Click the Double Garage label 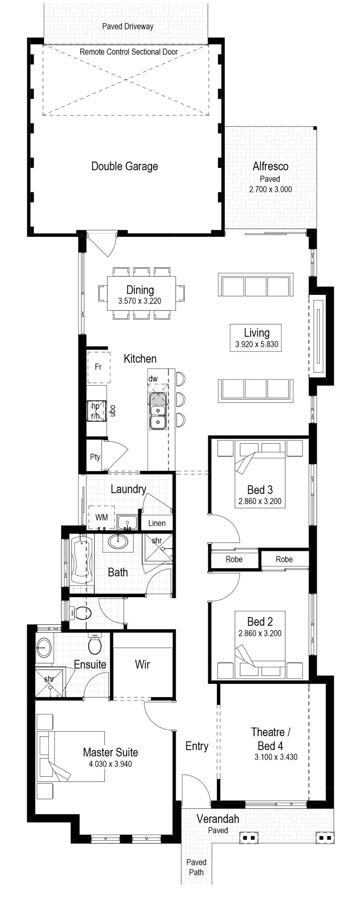(x=125, y=166)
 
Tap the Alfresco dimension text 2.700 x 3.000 (x=270, y=189)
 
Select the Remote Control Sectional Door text (x=129, y=52)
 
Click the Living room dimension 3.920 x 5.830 (x=257, y=344)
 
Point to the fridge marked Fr (x=99, y=367)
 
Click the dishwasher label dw (x=153, y=379)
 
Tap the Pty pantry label (x=95, y=457)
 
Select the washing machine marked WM (x=101, y=517)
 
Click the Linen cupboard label (x=157, y=523)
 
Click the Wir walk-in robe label (x=142, y=664)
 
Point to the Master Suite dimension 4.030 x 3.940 (x=111, y=764)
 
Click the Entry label (x=197, y=746)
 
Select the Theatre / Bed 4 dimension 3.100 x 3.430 (x=276, y=757)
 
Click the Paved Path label (x=196, y=867)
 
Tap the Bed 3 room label (x=260, y=490)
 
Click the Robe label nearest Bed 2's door (x=234, y=559)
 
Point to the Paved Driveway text (x=128, y=27)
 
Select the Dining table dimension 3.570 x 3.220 (x=140, y=301)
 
